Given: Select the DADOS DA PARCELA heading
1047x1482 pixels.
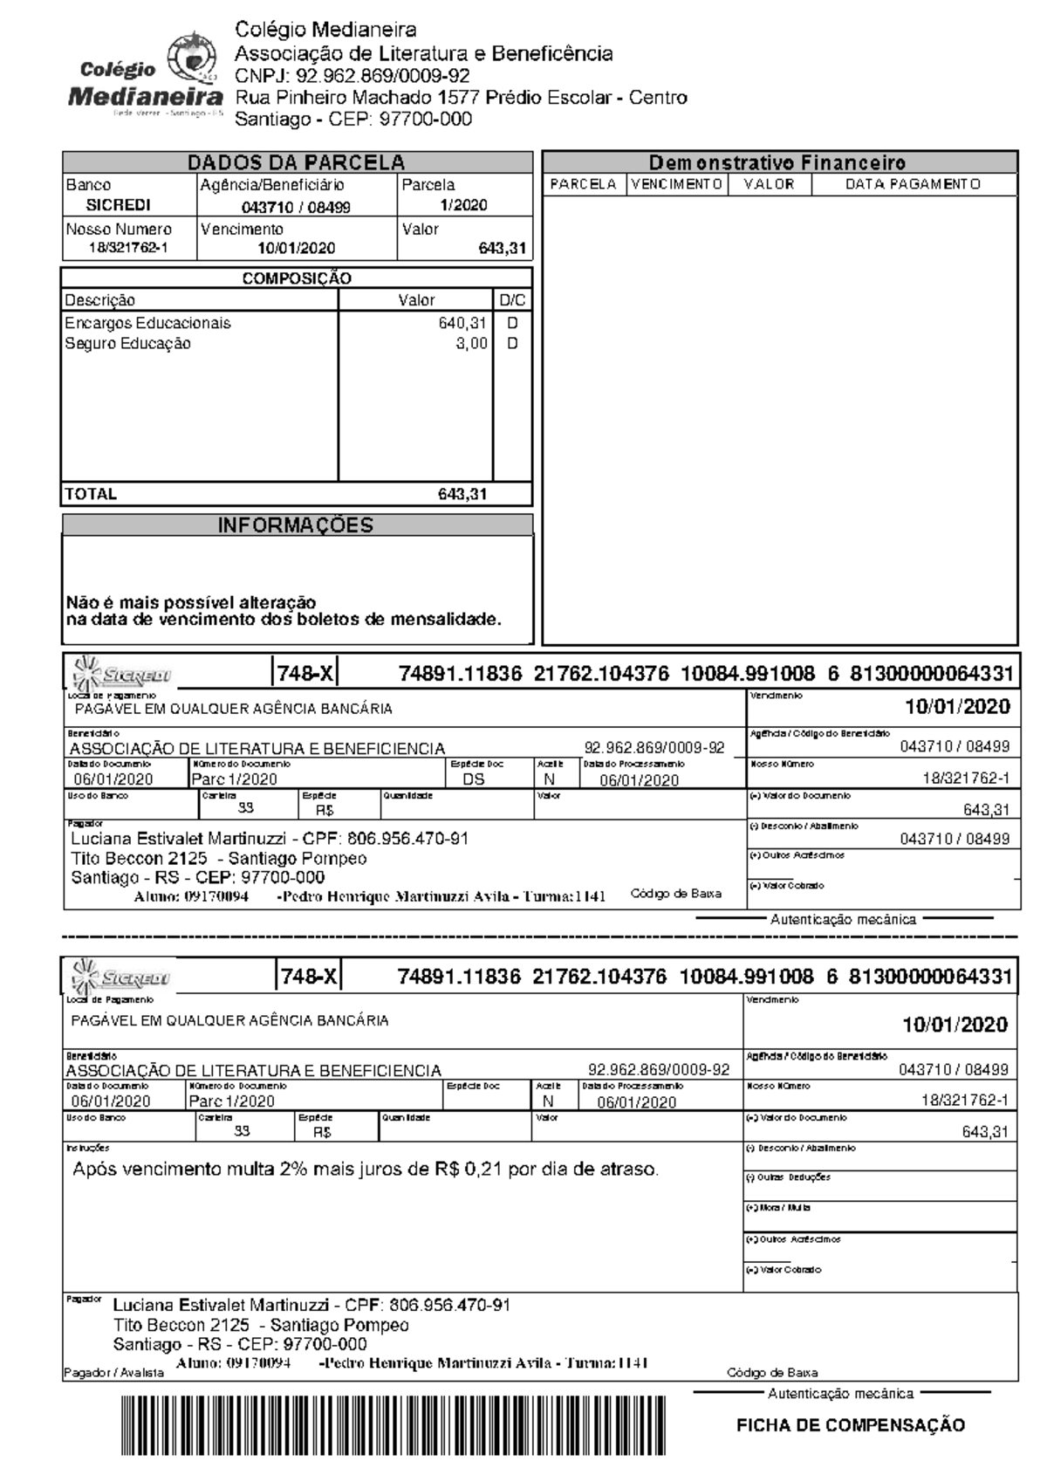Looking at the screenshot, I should coord(297,162).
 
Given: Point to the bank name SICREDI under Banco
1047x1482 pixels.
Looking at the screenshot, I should coord(118,205).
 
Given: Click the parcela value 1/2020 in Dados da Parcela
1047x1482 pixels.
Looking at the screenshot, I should coord(463,205).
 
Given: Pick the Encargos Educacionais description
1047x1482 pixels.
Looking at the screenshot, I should coord(147,323).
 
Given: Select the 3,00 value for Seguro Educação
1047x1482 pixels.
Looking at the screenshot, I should coord(471,344).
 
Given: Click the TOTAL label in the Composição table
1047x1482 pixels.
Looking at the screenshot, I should coord(91,494).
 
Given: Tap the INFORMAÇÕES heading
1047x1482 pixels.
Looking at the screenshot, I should coord(295,525).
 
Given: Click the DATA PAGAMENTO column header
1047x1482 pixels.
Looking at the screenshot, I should coord(913,184).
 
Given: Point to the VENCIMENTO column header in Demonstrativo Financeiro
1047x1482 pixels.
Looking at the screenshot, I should coord(676,184).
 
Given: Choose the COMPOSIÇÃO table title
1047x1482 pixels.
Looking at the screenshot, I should coord(297,278).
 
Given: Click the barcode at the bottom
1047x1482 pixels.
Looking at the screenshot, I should coord(393,1425).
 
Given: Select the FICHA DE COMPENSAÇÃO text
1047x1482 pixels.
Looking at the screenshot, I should coord(851,1425).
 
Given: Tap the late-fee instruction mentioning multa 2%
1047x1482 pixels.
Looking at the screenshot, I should coord(365,1170).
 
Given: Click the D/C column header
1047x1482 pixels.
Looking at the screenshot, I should coord(512,300).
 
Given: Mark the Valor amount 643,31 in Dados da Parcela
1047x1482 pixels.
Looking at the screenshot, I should coord(503,249).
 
